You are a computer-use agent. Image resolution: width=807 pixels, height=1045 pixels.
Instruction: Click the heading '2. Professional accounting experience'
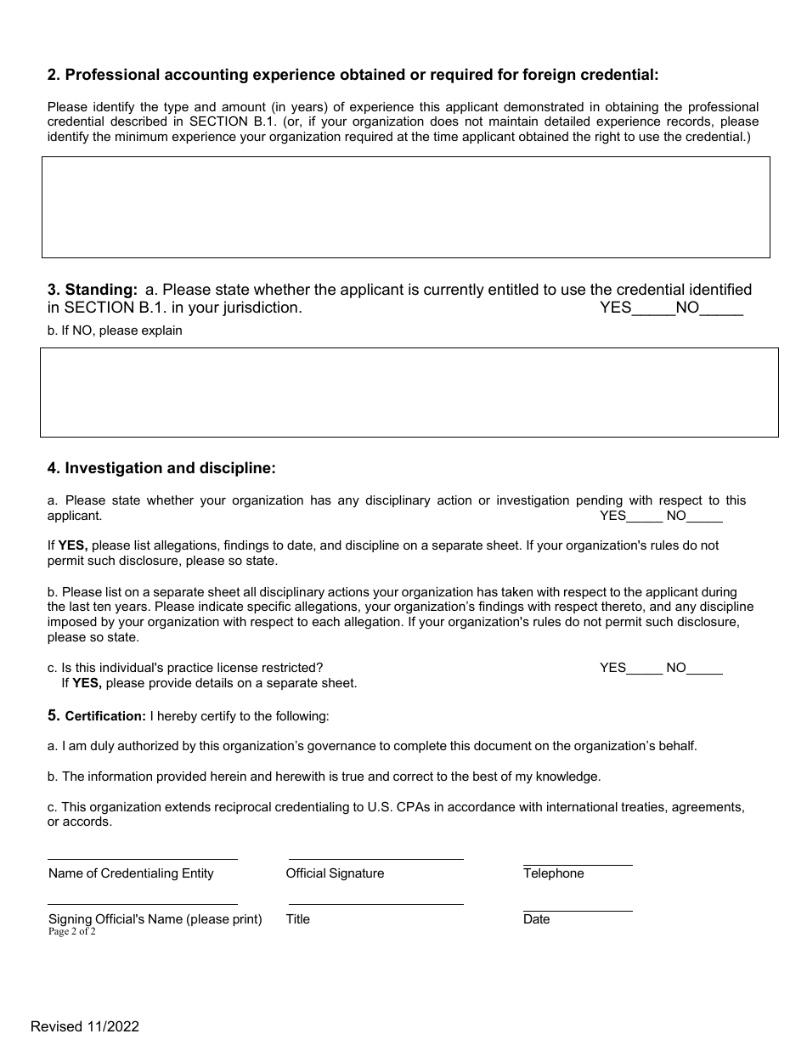(353, 75)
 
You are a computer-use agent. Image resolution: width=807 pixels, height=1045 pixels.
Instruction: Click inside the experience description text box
(405, 206)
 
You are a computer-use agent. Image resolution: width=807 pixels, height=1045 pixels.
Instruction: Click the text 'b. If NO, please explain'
(115, 330)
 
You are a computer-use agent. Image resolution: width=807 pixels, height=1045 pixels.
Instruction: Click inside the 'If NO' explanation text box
(409, 392)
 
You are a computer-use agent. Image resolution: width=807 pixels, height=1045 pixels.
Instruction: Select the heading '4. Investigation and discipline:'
(161, 468)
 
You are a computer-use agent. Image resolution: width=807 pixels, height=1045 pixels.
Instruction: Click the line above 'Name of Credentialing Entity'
(142, 858)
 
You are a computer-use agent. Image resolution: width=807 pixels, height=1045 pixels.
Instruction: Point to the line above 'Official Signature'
(375, 858)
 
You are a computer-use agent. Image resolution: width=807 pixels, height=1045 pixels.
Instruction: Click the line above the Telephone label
(578, 864)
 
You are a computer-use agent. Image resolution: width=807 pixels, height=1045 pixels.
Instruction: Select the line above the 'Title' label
(375, 903)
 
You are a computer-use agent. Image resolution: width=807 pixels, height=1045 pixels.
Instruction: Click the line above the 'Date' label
(578, 910)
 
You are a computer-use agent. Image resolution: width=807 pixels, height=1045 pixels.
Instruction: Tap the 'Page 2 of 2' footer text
(72, 931)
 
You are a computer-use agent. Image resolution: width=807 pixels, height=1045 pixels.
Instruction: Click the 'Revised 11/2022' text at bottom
(85, 1026)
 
